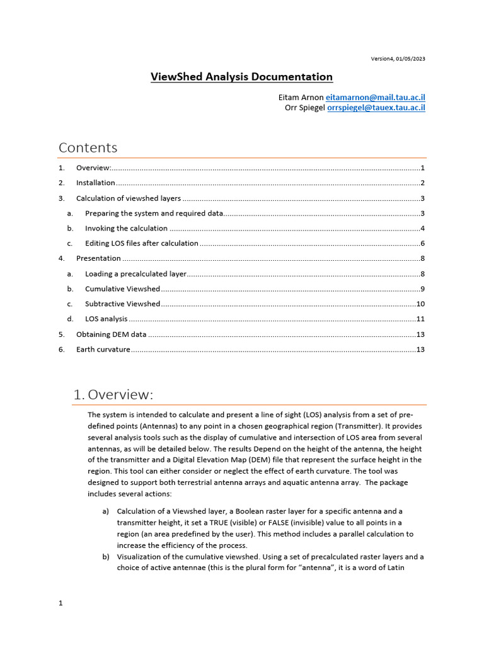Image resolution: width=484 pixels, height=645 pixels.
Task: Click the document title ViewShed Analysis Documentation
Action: [x=241, y=77]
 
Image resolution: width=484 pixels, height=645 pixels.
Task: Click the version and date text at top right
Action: [x=398, y=59]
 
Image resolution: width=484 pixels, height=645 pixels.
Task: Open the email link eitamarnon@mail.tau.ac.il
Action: [x=375, y=98]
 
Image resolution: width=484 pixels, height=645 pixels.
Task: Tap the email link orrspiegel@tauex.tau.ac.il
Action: [x=376, y=108]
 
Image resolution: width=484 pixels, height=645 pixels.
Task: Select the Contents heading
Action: [x=88, y=147]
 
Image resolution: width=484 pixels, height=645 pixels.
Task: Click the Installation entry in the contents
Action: [x=96, y=183]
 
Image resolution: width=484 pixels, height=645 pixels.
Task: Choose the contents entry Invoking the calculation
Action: [x=126, y=228]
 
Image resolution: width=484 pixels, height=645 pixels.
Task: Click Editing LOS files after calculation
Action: [x=142, y=243]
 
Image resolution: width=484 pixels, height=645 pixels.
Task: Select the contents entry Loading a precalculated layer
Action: [x=135, y=273]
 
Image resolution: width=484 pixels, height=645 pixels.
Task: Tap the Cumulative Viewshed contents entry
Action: [x=122, y=288]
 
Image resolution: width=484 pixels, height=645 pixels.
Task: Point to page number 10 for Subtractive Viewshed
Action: [x=420, y=304]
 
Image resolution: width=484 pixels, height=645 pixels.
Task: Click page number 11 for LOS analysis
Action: [x=420, y=319]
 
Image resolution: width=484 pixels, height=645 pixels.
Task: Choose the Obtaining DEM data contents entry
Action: [x=111, y=334]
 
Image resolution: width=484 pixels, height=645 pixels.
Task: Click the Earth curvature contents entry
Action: [x=103, y=349]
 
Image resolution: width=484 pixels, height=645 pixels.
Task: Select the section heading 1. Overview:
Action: [x=113, y=395]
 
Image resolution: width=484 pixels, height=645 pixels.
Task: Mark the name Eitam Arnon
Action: [x=301, y=98]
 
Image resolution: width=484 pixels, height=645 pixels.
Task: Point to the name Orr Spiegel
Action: [x=305, y=108]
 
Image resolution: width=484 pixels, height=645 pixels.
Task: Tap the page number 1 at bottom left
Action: [x=60, y=603]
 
